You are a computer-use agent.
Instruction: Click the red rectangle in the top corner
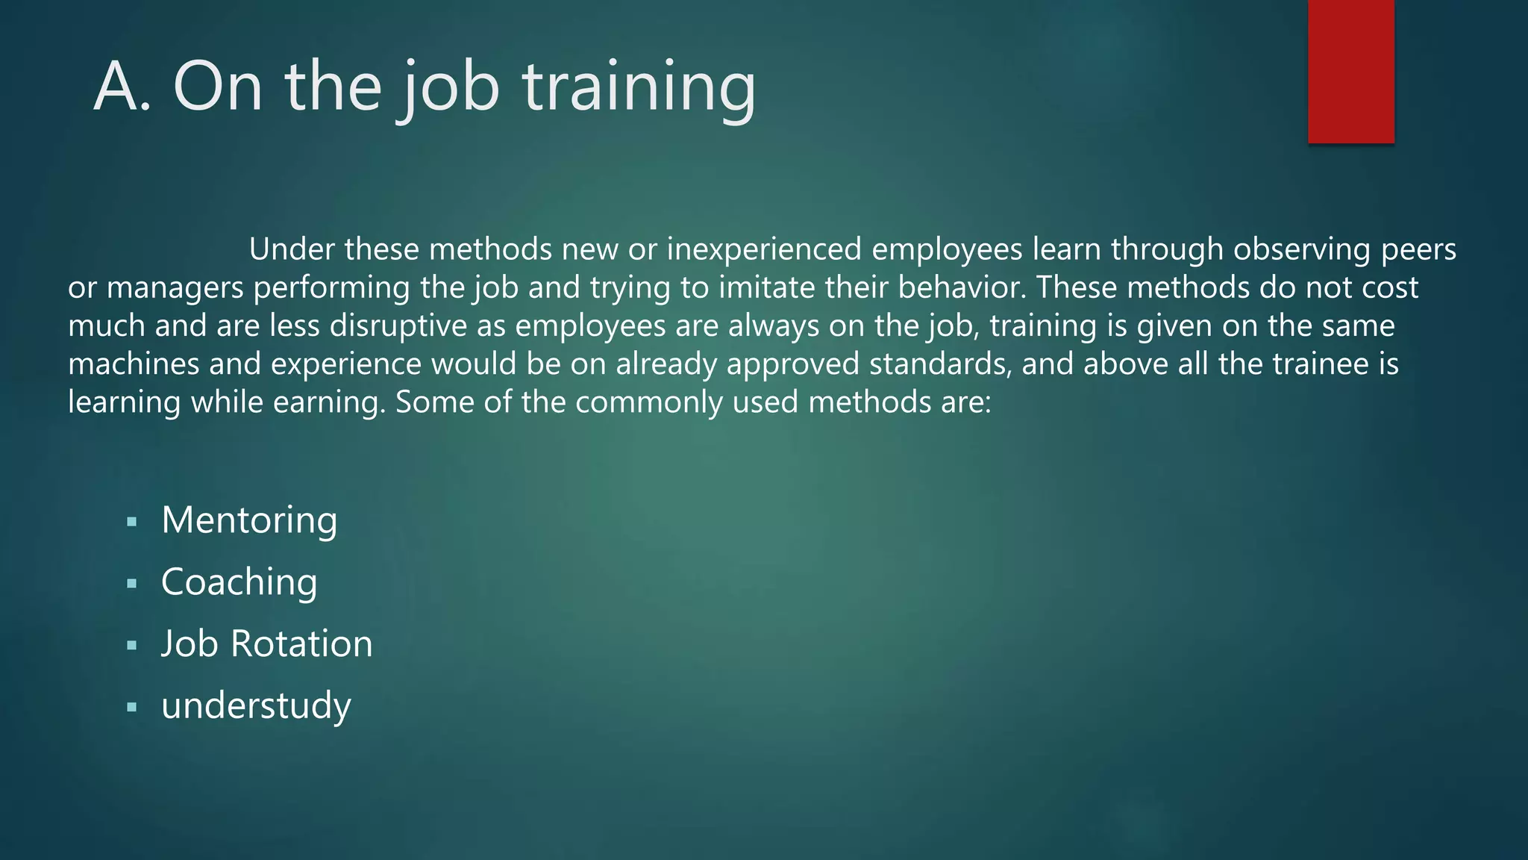tap(1350, 71)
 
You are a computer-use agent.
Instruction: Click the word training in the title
tap(639, 87)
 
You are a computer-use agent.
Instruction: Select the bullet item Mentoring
tap(249, 520)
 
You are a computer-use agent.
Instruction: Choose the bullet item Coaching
tap(239, 582)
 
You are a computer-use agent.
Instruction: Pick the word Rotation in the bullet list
tap(301, 644)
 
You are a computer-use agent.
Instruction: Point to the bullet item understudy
tap(256, 705)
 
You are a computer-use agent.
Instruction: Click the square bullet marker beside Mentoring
tap(132, 523)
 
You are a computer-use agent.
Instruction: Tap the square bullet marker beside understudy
tap(132, 707)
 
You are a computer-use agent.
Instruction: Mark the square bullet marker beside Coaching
tap(132, 584)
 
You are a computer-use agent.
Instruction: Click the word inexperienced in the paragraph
tap(764, 249)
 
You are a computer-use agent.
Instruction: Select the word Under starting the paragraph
tap(291, 249)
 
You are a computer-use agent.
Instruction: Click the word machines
tap(134, 364)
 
